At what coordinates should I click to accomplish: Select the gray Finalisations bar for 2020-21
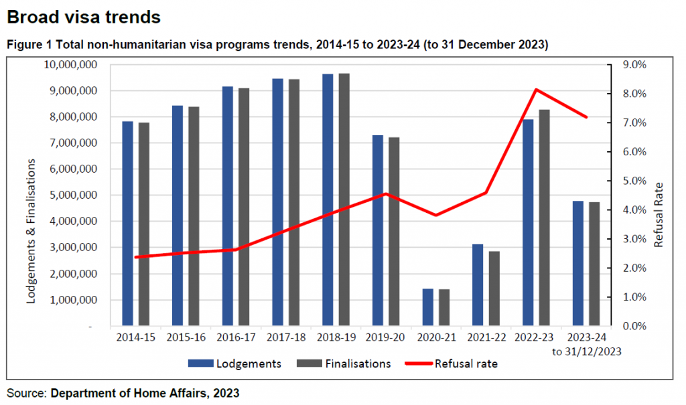pyautogui.click(x=444, y=307)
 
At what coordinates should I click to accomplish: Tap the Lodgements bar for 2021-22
pyautogui.click(x=478, y=285)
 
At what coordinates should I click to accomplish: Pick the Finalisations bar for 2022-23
pyautogui.click(x=545, y=218)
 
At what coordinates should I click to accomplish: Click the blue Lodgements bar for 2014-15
pyautogui.click(x=127, y=224)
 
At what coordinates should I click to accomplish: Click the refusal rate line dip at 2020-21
pyautogui.click(x=436, y=215)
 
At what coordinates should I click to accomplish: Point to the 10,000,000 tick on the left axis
pyautogui.click(x=69, y=65)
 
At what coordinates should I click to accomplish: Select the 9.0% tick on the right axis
pyautogui.click(x=634, y=65)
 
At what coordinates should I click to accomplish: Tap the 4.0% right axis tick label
pyautogui.click(x=634, y=210)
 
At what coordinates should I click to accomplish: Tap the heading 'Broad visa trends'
pyautogui.click(x=84, y=15)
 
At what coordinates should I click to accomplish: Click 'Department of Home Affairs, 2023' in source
pyautogui.click(x=145, y=393)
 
